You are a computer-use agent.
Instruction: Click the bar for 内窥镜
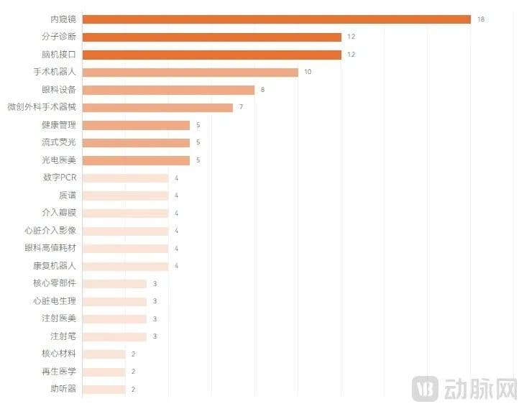click(x=277, y=19)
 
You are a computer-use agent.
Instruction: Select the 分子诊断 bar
click(x=212, y=37)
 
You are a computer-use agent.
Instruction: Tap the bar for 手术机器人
click(x=190, y=72)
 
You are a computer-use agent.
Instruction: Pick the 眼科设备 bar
click(x=169, y=90)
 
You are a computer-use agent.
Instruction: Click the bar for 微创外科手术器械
click(x=158, y=107)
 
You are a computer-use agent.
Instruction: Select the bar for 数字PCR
click(x=126, y=178)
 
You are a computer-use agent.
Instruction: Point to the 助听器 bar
click(x=104, y=389)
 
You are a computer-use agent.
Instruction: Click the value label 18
click(x=481, y=19)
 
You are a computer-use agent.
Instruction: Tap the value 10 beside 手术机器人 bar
click(x=308, y=72)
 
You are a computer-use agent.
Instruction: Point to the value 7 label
click(x=242, y=107)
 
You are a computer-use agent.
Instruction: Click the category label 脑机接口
click(x=58, y=55)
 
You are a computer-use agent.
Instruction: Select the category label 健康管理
click(x=58, y=125)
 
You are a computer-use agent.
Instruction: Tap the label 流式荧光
click(x=58, y=142)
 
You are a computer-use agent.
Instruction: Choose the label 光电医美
click(x=58, y=160)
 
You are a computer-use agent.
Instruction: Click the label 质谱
click(x=67, y=196)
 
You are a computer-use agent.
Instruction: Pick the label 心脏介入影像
click(x=50, y=231)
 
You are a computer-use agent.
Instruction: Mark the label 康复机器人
click(x=54, y=266)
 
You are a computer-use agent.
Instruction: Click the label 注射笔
click(x=63, y=336)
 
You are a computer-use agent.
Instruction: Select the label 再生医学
click(x=58, y=372)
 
